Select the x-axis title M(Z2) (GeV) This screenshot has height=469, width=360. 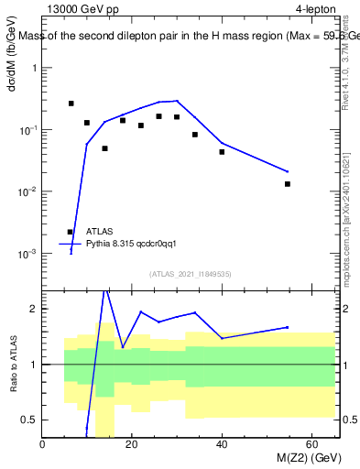[304, 458]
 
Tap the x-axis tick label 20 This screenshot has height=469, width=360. [132, 445]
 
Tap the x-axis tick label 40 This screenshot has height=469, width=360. [222, 445]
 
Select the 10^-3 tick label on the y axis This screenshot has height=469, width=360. [27, 253]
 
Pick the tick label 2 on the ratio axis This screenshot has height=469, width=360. [33, 309]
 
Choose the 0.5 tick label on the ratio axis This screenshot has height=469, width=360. [29, 420]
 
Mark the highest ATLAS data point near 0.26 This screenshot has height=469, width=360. [71, 104]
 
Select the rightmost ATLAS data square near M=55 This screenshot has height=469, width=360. [288, 184]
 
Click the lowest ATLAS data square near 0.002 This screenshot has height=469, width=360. [71, 233]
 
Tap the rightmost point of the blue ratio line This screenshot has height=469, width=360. [288, 327]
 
